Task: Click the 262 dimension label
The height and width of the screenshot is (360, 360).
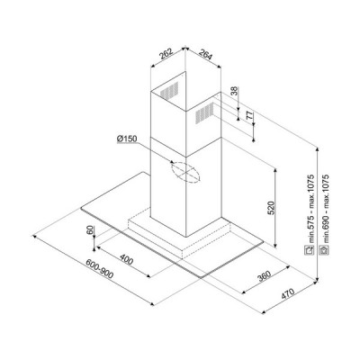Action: [x=166, y=54]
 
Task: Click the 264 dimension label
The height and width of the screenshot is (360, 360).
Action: [x=205, y=55]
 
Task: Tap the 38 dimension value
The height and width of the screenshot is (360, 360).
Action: [x=235, y=91]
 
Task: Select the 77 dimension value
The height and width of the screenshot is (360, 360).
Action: [x=249, y=115]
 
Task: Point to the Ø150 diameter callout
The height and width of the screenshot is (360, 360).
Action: [x=127, y=139]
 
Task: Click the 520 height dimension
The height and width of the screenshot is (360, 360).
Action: [x=271, y=208]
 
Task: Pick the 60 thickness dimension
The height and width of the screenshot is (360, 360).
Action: [x=90, y=230]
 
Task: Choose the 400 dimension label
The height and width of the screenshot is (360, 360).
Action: [x=126, y=259]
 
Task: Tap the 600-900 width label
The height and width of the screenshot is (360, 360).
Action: [x=100, y=268]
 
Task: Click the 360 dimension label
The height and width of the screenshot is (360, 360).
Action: [x=264, y=276]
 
